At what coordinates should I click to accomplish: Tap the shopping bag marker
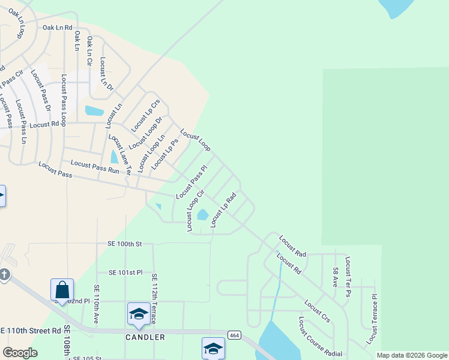[x=62, y=290]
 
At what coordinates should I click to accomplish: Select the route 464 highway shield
[x=234, y=335]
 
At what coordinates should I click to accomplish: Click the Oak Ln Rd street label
[x=57, y=28]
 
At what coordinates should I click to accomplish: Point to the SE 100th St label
[x=124, y=244]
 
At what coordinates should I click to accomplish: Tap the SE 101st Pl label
[x=125, y=272]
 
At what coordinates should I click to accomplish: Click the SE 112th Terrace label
[x=154, y=298]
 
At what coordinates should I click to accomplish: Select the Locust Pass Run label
[x=95, y=166]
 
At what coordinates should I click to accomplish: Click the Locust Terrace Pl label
[x=373, y=320]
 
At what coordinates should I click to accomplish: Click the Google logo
[x=20, y=353]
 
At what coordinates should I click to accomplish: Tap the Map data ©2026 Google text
[x=411, y=355]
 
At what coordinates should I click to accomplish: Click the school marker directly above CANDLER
[x=139, y=314]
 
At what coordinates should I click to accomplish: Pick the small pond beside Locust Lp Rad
[x=203, y=214]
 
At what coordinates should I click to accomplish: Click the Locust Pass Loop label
[x=64, y=100]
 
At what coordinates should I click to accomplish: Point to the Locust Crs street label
[x=317, y=311]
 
